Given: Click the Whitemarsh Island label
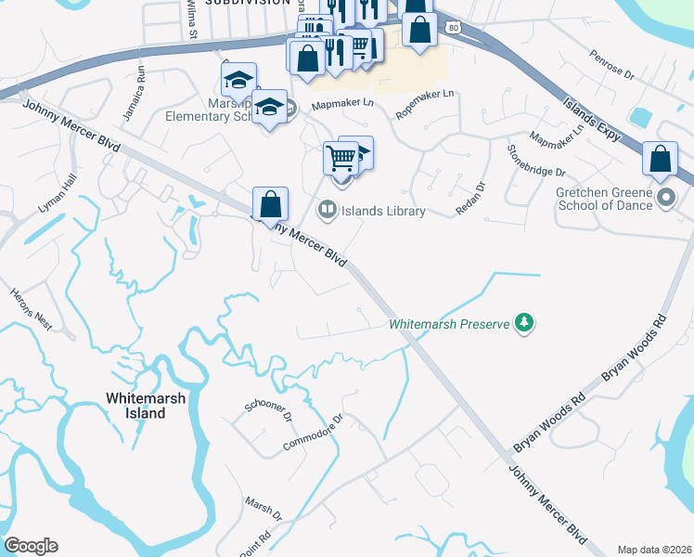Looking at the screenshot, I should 147,405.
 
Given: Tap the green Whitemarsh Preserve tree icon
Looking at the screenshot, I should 526,323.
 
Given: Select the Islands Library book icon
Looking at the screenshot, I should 327,211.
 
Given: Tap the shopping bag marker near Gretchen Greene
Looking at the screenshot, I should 660,159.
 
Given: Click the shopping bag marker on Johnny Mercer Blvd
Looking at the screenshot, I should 270,204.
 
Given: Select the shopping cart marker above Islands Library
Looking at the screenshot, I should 341,160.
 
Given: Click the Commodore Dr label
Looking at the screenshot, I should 314,434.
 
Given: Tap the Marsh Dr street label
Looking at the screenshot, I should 264,508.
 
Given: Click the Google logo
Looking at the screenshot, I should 31,546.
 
